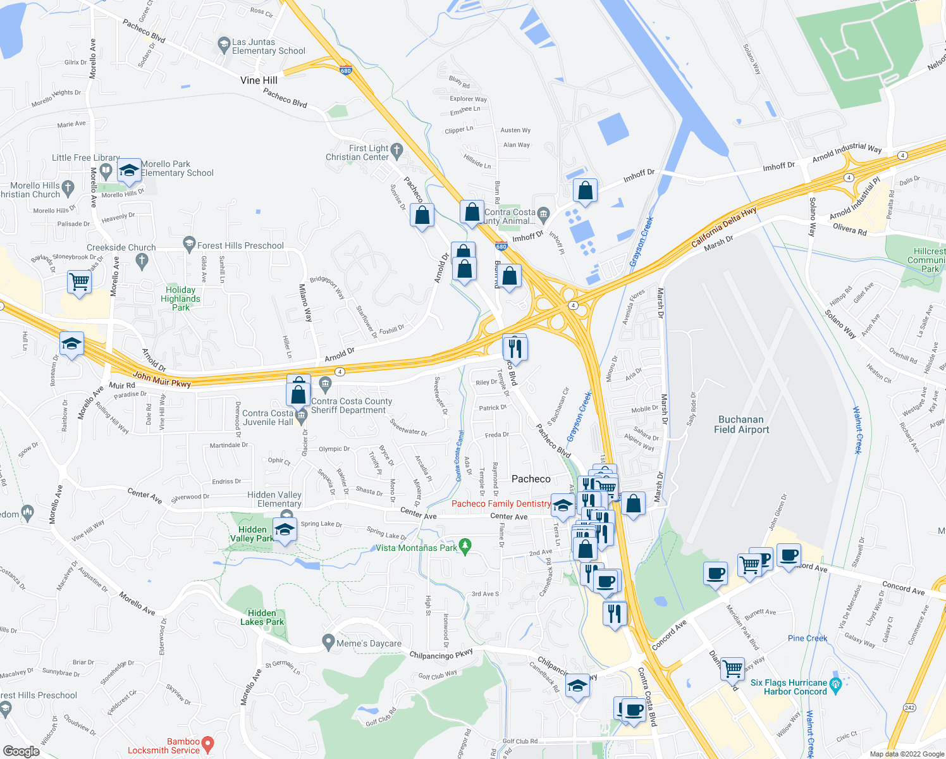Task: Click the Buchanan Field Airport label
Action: (741, 424)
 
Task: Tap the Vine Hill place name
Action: (259, 80)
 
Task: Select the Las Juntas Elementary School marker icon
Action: (223, 44)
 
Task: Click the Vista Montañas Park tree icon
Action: (465, 545)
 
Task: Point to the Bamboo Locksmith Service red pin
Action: (207, 744)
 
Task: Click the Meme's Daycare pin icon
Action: (328, 642)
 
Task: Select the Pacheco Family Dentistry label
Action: (501, 503)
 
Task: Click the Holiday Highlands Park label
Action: (180, 299)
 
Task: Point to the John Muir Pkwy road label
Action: (162, 379)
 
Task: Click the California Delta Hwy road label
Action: (723, 227)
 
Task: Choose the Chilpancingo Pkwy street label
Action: (441, 655)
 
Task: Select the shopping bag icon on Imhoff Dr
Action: (586, 190)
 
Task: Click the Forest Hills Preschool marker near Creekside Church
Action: (189, 243)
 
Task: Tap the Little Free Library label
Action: (85, 157)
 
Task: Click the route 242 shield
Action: (910, 707)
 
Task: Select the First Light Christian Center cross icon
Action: (396, 150)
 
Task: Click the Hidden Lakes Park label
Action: (262, 617)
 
